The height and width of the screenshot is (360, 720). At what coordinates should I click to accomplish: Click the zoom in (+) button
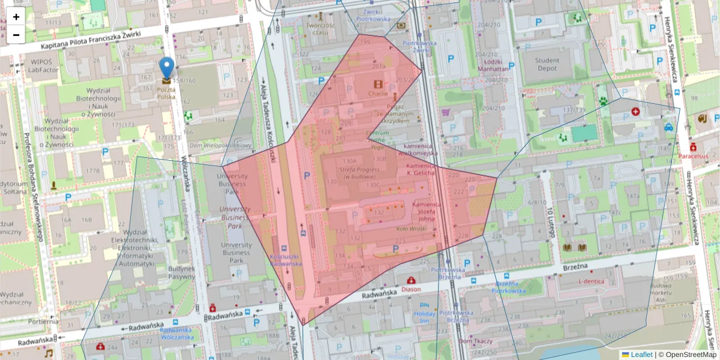[16, 17]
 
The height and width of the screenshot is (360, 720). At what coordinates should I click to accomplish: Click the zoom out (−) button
[16, 35]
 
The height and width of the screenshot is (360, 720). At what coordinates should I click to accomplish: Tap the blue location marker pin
[166, 68]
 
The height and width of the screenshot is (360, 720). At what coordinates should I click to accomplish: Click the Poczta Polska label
[166, 92]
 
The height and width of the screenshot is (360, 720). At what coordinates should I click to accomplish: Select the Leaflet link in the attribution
[641, 355]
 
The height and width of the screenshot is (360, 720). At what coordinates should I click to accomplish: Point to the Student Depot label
[547, 64]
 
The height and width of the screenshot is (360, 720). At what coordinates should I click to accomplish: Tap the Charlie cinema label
[378, 94]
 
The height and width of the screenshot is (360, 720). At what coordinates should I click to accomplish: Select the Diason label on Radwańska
[411, 289]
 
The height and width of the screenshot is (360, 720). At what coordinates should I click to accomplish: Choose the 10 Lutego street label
[550, 221]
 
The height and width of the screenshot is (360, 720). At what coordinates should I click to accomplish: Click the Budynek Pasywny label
[181, 273]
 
